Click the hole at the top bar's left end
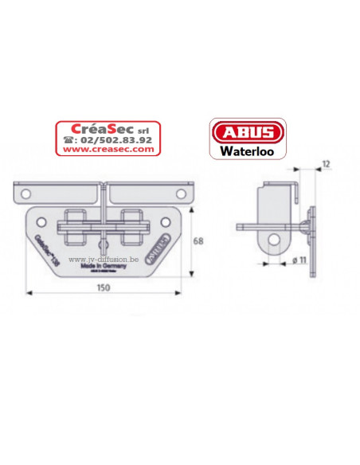pos(25,193)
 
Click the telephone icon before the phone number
pos(65,139)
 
